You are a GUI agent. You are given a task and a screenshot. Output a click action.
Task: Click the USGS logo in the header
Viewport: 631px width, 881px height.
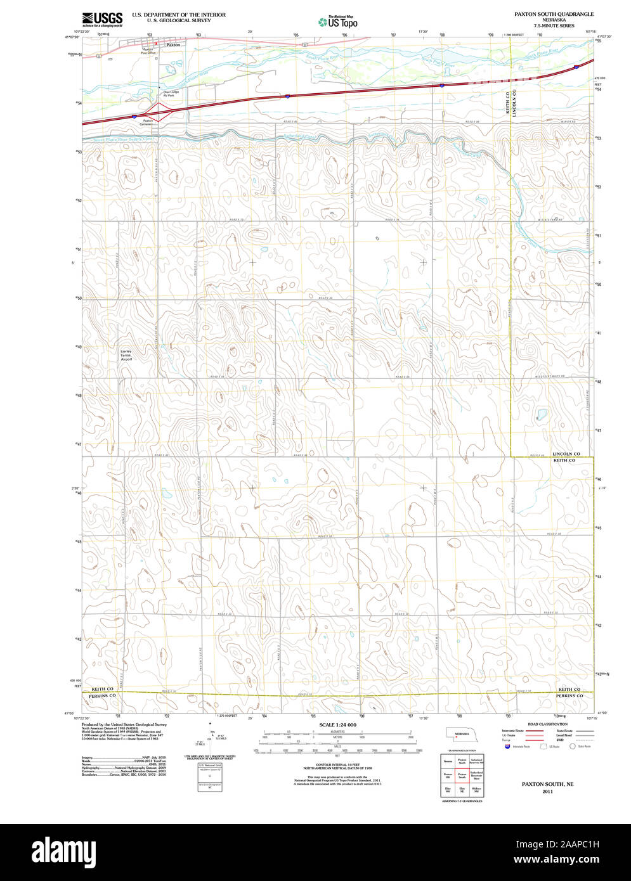tap(102, 20)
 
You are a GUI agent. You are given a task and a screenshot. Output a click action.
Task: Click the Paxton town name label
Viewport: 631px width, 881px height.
tap(173, 46)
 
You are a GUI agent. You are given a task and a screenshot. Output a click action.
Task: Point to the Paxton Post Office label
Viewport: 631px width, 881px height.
tap(148, 51)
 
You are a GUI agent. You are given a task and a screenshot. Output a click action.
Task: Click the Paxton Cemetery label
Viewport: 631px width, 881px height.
tap(148, 122)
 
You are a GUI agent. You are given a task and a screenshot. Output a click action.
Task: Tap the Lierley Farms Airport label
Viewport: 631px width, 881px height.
tap(126, 356)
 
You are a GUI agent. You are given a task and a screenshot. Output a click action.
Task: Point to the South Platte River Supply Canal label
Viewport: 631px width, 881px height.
tap(124, 139)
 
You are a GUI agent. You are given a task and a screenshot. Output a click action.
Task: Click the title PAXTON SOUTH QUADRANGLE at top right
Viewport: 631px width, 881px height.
tap(554, 14)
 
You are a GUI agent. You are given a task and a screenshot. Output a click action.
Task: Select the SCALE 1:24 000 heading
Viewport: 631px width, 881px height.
tap(337, 724)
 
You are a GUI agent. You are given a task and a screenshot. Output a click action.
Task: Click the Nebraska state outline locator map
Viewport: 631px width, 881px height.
tap(461, 734)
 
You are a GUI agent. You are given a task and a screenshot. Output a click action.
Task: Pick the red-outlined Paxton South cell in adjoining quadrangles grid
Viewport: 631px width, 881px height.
tap(462, 775)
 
